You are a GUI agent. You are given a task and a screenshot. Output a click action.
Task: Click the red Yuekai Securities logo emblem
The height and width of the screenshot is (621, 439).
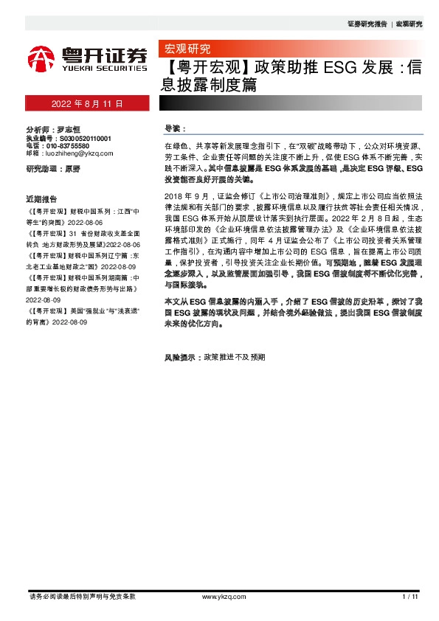pyautogui.click(x=41, y=58)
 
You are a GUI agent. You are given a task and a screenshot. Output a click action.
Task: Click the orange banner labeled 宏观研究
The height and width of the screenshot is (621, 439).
pyautogui.click(x=184, y=50)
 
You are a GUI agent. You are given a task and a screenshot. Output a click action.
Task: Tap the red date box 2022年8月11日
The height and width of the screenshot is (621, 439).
pyautogui.click(x=86, y=103)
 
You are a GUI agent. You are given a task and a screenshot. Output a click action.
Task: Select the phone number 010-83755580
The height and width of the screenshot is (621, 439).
pyautogui.click(x=75, y=146)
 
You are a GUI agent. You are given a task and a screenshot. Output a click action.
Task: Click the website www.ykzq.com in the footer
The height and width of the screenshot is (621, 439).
pyautogui.click(x=218, y=595)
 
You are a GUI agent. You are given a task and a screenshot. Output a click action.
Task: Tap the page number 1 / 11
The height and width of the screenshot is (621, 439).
pyautogui.click(x=410, y=595)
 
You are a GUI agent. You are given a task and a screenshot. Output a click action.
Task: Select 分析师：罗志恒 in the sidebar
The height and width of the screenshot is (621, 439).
pyautogui.click(x=52, y=131)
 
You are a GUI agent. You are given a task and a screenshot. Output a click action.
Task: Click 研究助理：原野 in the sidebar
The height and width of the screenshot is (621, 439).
pyautogui.click(x=52, y=169)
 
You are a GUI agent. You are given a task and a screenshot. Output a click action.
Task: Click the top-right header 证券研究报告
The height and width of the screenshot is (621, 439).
pyautogui.click(x=367, y=24)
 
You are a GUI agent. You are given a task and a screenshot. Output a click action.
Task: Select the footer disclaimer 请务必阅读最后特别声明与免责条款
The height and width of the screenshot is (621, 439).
pyautogui.click(x=82, y=595)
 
